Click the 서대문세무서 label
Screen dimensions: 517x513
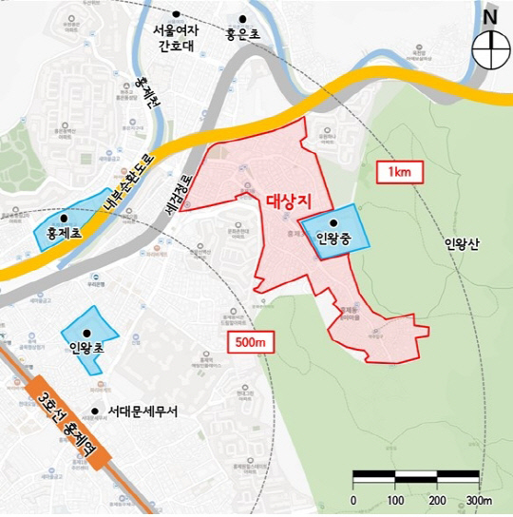click(x=144, y=412)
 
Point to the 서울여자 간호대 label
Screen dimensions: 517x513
click(x=176, y=39)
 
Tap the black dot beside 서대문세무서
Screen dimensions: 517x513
click(x=93, y=412)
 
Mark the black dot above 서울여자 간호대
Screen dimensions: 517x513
click(x=177, y=13)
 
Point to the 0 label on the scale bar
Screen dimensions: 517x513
click(x=353, y=499)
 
